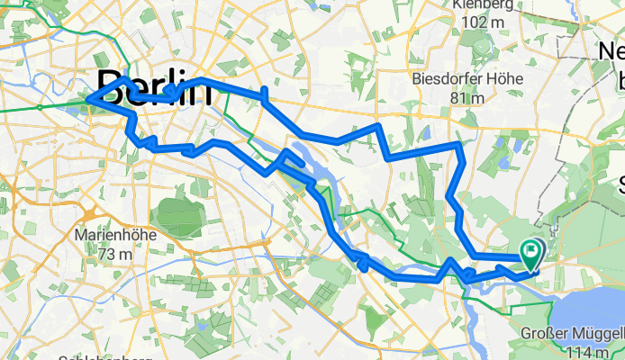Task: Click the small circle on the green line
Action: pyautogui.click(x=41, y=107)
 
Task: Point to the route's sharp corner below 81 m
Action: pyautogui.click(x=460, y=144)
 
